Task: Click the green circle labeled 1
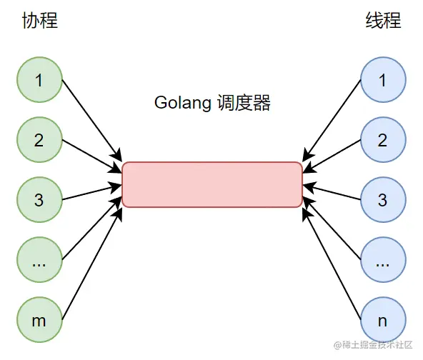[x=39, y=80]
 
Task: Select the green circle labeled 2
[x=39, y=140]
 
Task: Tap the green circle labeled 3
[x=39, y=200]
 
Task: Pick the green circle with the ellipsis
[x=39, y=260]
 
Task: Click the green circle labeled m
[x=39, y=319]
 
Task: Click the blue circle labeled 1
[x=383, y=80]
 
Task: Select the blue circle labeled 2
[x=383, y=140]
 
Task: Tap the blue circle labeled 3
[x=383, y=200]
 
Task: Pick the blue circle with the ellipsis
[x=383, y=260]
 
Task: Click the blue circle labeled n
[x=383, y=319]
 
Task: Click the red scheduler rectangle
[x=212, y=184]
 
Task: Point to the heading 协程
[x=40, y=21]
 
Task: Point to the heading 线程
[x=383, y=21]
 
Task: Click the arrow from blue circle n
[x=332, y=259]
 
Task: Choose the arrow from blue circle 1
[x=332, y=120]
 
